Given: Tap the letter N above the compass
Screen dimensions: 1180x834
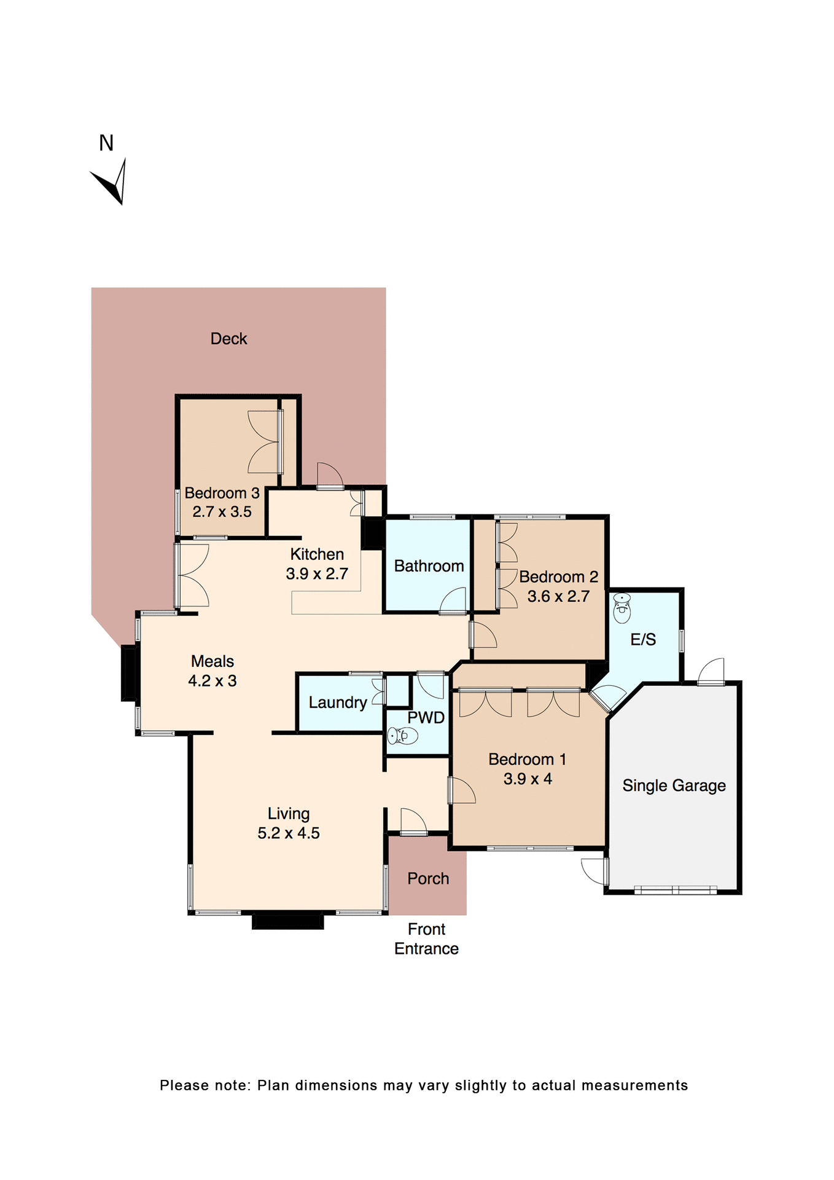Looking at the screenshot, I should (x=106, y=143).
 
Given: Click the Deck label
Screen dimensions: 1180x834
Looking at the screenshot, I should (x=228, y=339).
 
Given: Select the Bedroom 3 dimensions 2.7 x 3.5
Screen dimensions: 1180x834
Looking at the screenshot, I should (x=222, y=511).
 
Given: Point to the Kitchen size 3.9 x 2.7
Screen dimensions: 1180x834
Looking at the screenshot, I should (x=317, y=573).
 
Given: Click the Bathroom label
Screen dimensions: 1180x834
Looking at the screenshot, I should (x=429, y=566).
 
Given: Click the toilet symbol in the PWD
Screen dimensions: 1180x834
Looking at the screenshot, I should (x=403, y=735).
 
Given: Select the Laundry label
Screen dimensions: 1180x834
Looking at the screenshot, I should (x=337, y=702).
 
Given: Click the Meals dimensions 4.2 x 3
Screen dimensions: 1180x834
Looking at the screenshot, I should (x=212, y=681).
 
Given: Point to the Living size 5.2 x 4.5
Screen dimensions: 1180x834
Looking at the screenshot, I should (x=288, y=833).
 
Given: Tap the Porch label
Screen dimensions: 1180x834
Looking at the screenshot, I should (x=428, y=879).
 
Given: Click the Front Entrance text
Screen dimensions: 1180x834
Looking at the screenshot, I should (x=426, y=939).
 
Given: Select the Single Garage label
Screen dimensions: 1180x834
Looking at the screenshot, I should (x=674, y=785).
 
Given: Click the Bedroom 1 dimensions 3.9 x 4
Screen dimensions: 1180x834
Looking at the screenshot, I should (x=528, y=779).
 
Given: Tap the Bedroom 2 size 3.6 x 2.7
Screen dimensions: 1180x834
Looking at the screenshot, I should (x=558, y=596).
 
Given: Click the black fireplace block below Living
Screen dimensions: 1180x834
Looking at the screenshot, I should (x=287, y=921).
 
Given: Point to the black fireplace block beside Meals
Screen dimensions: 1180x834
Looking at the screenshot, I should (x=128, y=673).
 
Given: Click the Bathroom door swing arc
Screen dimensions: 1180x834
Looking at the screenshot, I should (x=453, y=600).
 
